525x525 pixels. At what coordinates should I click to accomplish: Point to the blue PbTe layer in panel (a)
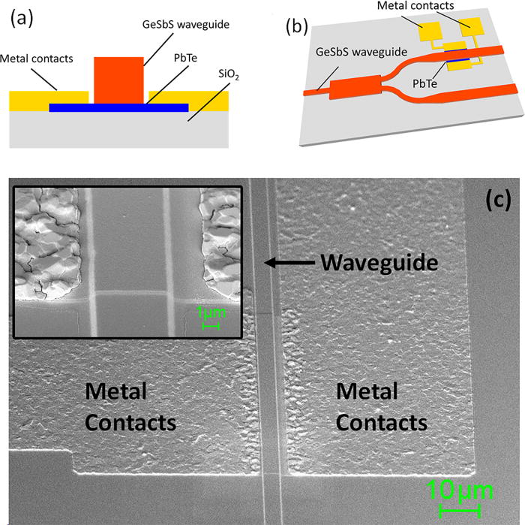coord(118,107)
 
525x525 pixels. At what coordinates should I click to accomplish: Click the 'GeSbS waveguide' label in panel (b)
coord(351,52)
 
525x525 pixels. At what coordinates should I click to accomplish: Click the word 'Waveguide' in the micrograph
coord(379,263)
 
